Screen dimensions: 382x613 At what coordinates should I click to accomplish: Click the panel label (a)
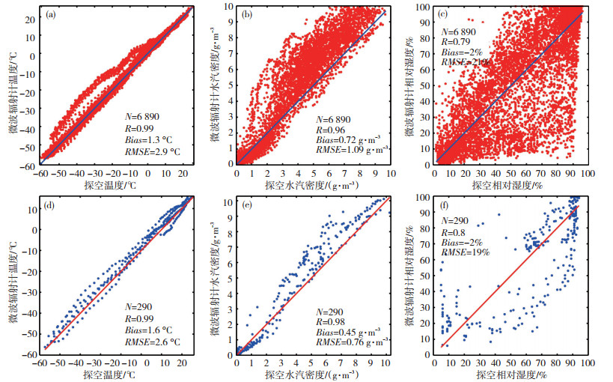54,13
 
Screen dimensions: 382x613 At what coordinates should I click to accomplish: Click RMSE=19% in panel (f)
465,252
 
